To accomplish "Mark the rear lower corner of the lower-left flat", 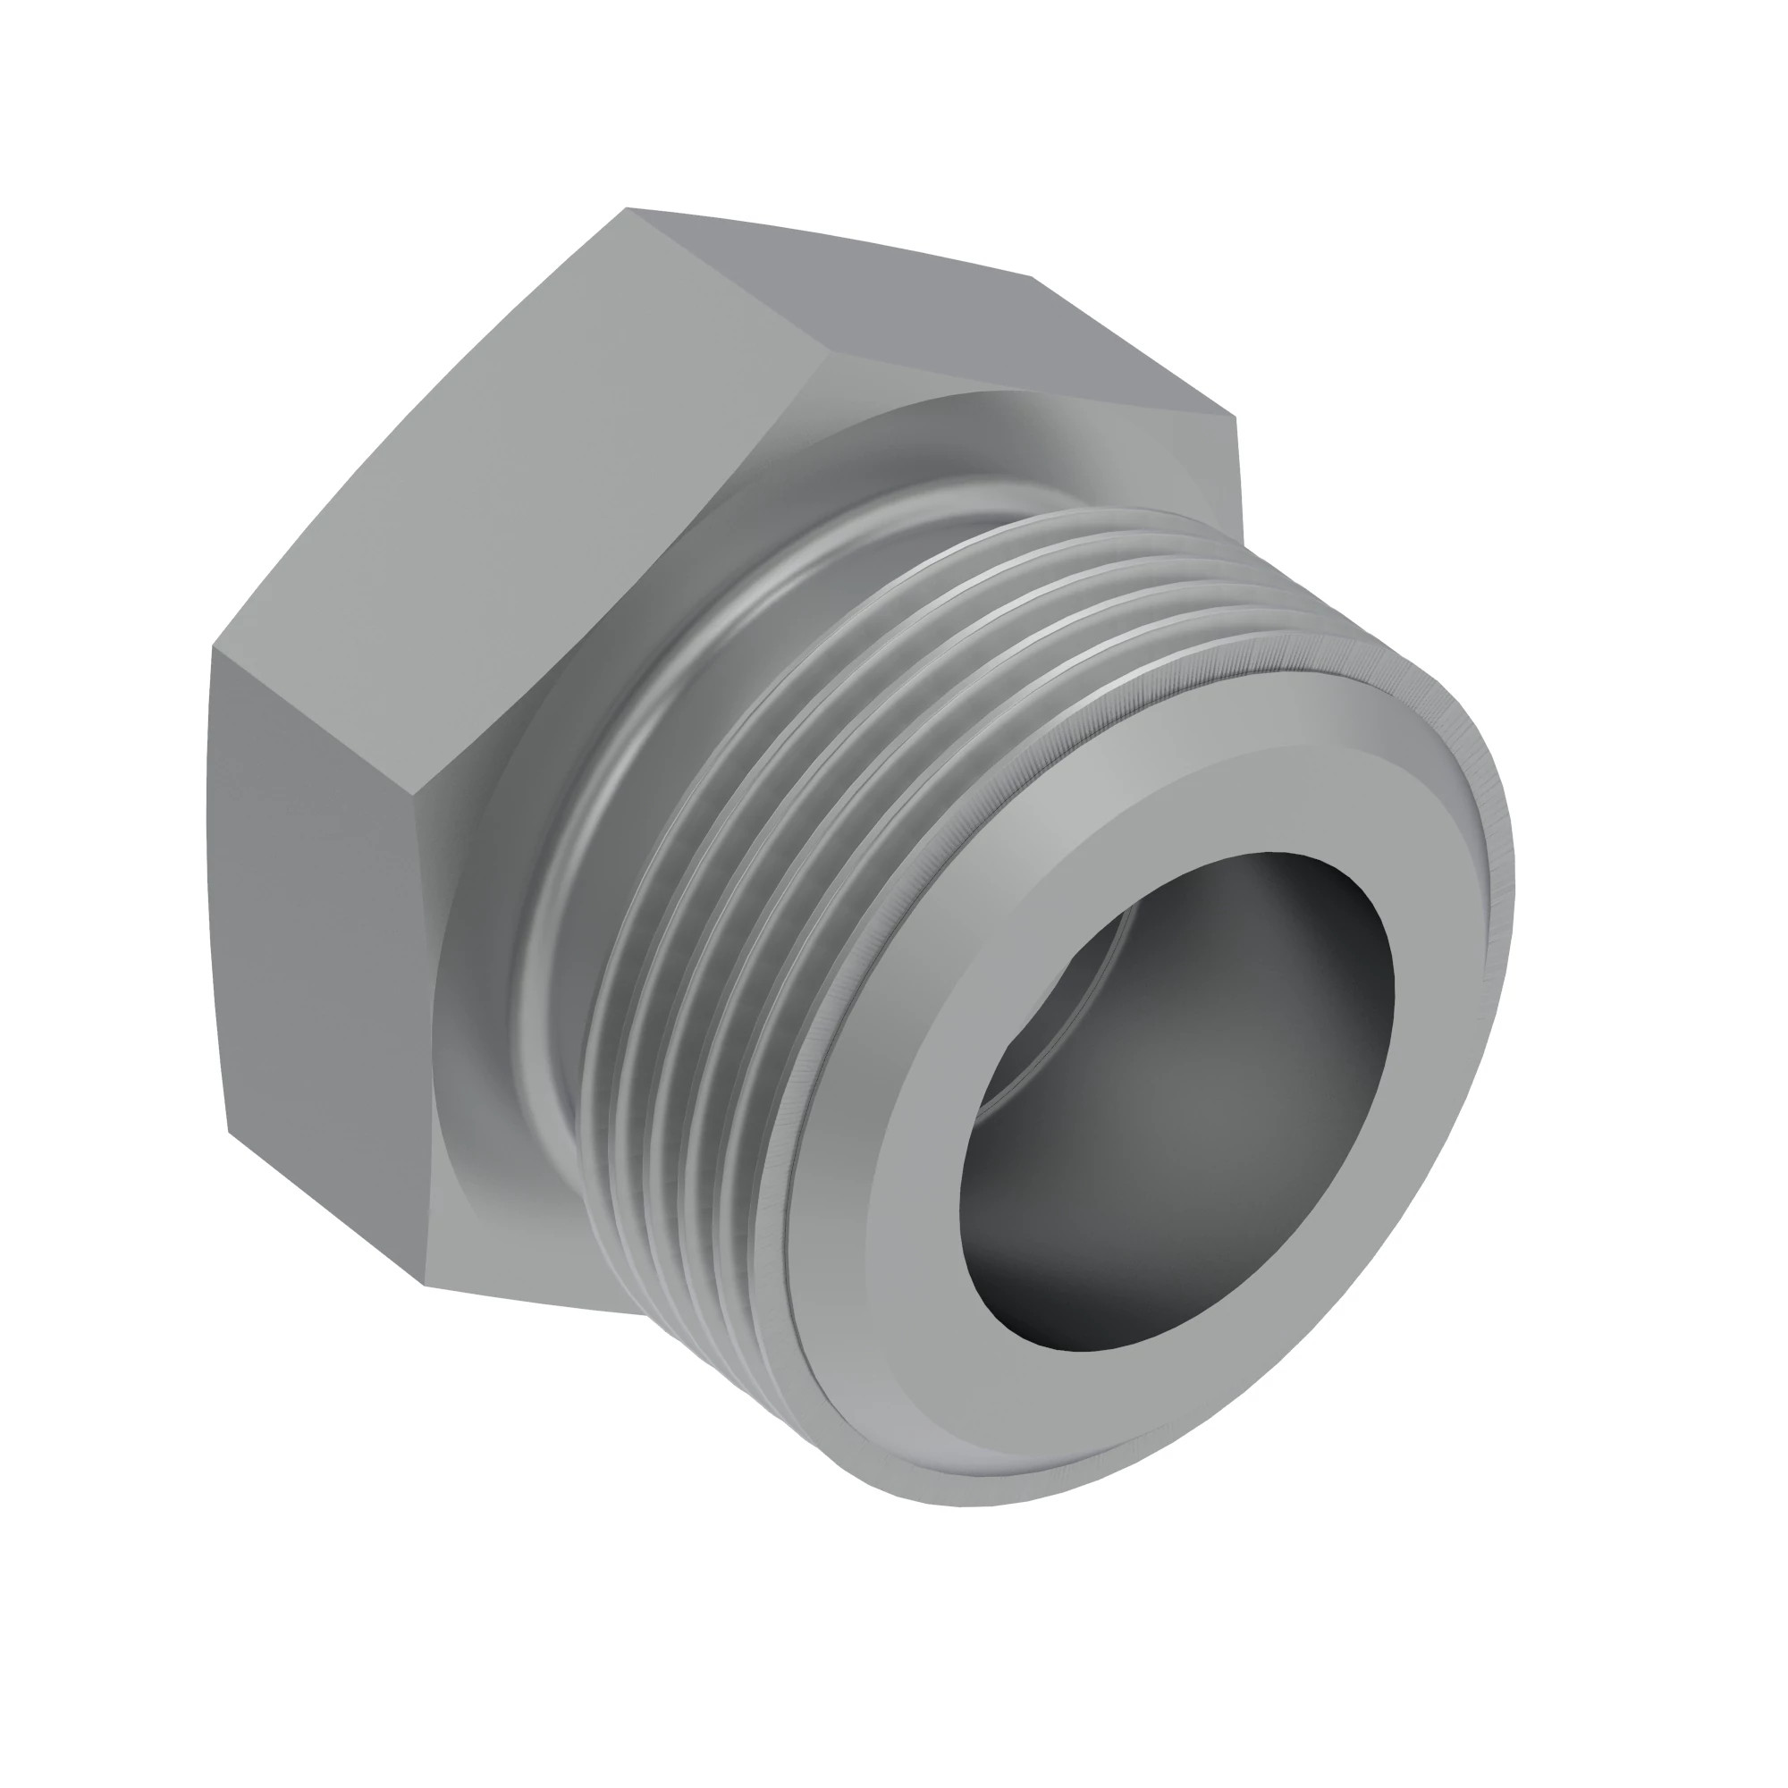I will (229, 1131).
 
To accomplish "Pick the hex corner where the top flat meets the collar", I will (831, 352).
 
